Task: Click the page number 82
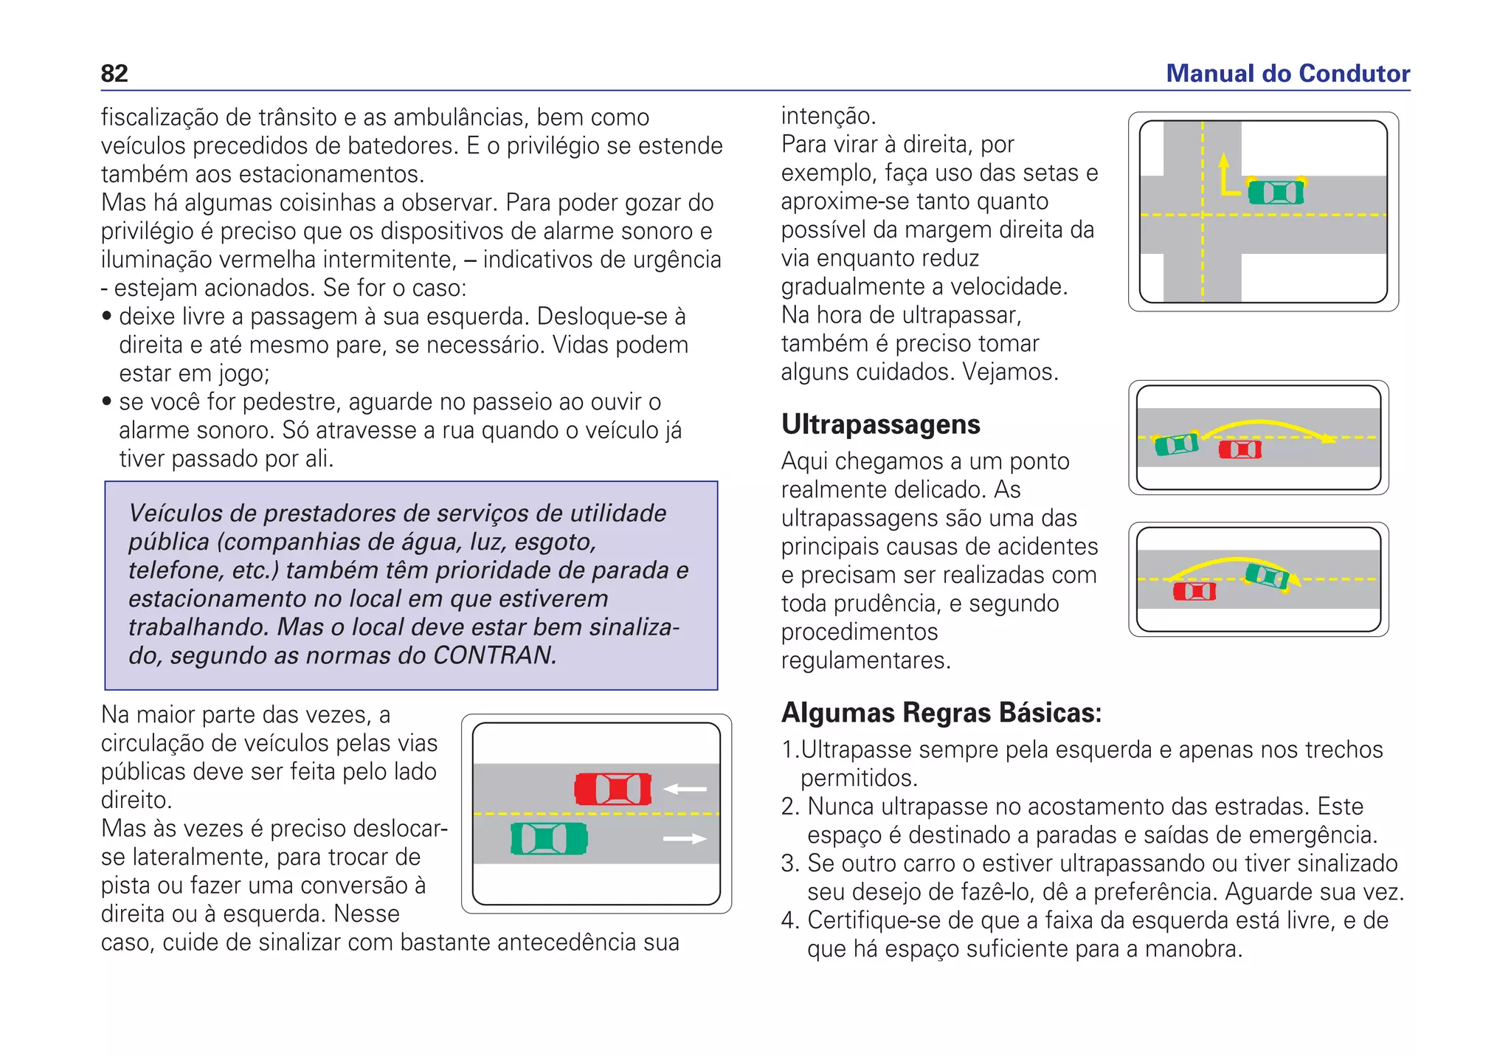pyautogui.click(x=114, y=73)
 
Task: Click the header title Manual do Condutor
pyautogui.click(x=1287, y=73)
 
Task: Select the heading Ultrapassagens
pyautogui.click(x=880, y=424)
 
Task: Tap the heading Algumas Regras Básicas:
pyautogui.click(x=941, y=713)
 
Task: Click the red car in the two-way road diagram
pyautogui.click(x=613, y=789)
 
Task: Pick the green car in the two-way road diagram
pyautogui.click(x=549, y=839)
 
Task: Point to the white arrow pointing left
pyautogui.click(x=685, y=789)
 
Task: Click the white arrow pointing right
pyautogui.click(x=685, y=839)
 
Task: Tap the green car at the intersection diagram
pyautogui.click(x=1276, y=193)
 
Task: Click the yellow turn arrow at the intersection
pyautogui.click(x=1225, y=177)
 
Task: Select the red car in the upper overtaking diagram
pyautogui.click(x=1239, y=449)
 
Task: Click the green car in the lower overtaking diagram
pyautogui.click(x=1267, y=577)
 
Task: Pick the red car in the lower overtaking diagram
pyautogui.click(x=1194, y=591)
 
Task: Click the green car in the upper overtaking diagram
pyautogui.click(x=1176, y=444)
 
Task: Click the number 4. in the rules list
pyautogui.click(x=789, y=921)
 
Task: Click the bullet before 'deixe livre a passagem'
pyautogui.click(x=107, y=317)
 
